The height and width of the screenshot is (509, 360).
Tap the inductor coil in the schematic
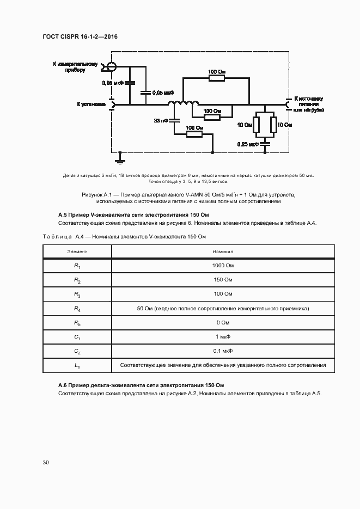[183, 104]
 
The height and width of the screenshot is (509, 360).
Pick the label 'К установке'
[91, 104]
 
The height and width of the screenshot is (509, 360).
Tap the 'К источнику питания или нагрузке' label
[309, 104]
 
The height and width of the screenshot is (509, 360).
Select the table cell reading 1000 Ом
[223, 266]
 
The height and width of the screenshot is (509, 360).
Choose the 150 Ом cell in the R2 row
[223, 280]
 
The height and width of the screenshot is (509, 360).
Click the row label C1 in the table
[77, 337]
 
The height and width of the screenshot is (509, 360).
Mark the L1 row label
[77, 365]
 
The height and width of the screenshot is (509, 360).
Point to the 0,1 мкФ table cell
[223, 351]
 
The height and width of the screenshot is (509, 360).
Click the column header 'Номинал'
[223, 252]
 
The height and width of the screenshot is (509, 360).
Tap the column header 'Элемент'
[77, 252]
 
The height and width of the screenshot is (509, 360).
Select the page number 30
[46, 463]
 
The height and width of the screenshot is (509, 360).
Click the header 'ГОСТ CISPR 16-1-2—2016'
[80, 36]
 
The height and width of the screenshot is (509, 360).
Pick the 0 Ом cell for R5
[223, 323]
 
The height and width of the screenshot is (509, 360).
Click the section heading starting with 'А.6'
[141, 385]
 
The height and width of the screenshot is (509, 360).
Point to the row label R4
[77, 309]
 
